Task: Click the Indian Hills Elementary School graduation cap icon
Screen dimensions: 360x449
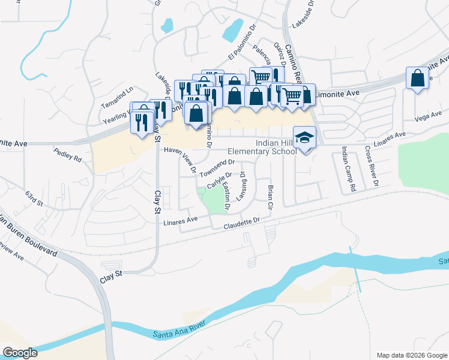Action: pos(304,137)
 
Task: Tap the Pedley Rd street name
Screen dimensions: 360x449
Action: pos(67,155)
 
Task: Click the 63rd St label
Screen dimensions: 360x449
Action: pos(35,199)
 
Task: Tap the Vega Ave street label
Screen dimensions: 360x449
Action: pos(428,115)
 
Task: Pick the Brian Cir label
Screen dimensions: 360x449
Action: pos(270,197)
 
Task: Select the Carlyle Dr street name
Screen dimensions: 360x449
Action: pos(220,179)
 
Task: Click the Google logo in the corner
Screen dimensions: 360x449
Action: pos(19,352)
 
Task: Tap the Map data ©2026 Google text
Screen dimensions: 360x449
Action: pos(411,355)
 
